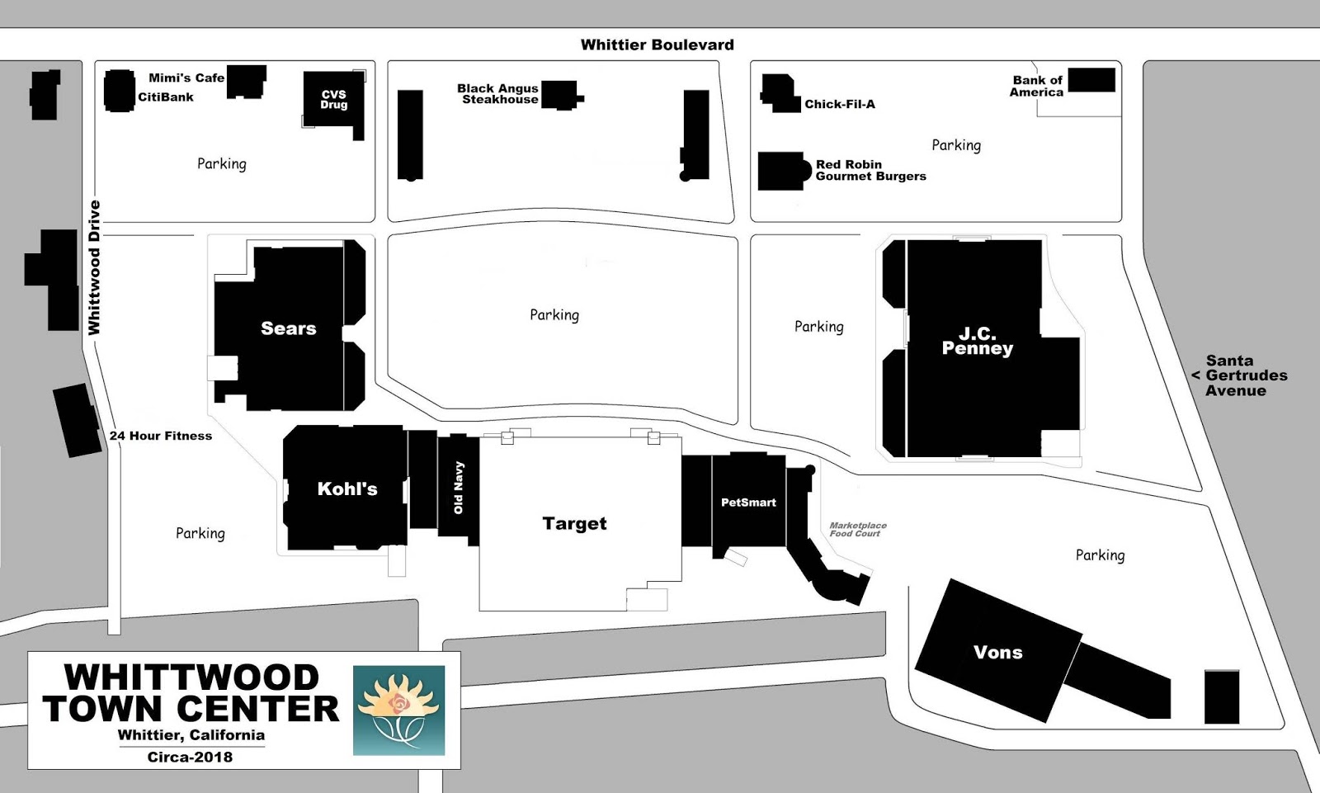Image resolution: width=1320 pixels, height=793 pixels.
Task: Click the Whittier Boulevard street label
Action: tap(657, 45)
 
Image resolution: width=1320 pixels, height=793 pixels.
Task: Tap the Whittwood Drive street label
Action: tap(94, 267)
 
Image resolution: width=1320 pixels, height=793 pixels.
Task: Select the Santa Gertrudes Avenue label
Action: tap(1240, 375)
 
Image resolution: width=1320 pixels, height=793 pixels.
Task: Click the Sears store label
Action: tap(289, 328)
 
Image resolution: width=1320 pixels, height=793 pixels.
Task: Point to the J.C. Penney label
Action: tap(978, 341)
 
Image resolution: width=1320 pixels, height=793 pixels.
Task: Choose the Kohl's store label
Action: tap(347, 489)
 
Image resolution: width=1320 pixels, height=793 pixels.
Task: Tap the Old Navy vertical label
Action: tap(459, 488)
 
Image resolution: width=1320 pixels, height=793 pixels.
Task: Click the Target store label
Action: tap(575, 523)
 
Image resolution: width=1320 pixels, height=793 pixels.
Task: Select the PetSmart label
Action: tap(748, 502)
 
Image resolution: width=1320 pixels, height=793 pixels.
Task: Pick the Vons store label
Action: tap(998, 653)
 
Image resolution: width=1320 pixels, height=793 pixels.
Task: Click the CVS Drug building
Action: tap(333, 101)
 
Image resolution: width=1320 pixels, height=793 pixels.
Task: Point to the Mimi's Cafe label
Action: tap(186, 78)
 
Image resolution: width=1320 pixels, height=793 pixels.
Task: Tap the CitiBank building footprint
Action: tap(120, 90)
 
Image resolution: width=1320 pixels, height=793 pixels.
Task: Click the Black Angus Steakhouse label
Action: tap(498, 93)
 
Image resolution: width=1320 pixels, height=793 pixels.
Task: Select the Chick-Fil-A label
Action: tap(840, 104)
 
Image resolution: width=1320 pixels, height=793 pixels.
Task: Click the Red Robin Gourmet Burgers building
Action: tap(781, 171)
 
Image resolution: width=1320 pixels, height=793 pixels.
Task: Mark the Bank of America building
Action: tap(1091, 80)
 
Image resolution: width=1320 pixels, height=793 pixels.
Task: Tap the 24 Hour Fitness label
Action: tap(161, 436)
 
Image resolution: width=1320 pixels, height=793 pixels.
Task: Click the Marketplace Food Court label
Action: tap(858, 529)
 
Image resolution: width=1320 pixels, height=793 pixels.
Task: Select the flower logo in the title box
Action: tap(399, 710)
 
